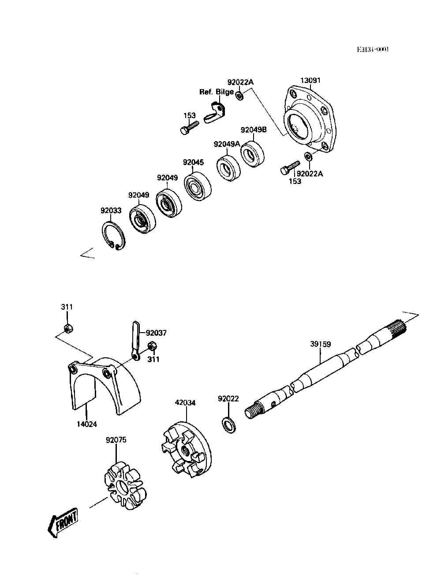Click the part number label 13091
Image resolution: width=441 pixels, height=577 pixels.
point(310,80)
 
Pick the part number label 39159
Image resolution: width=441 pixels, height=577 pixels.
point(320,344)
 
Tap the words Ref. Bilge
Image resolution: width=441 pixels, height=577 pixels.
point(217,92)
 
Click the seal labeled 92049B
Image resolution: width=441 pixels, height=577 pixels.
point(252,153)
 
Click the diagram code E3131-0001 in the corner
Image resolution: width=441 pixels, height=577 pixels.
point(373,50)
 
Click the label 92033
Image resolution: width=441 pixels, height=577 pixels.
point(111,210)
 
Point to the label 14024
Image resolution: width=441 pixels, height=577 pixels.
point(86,424)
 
